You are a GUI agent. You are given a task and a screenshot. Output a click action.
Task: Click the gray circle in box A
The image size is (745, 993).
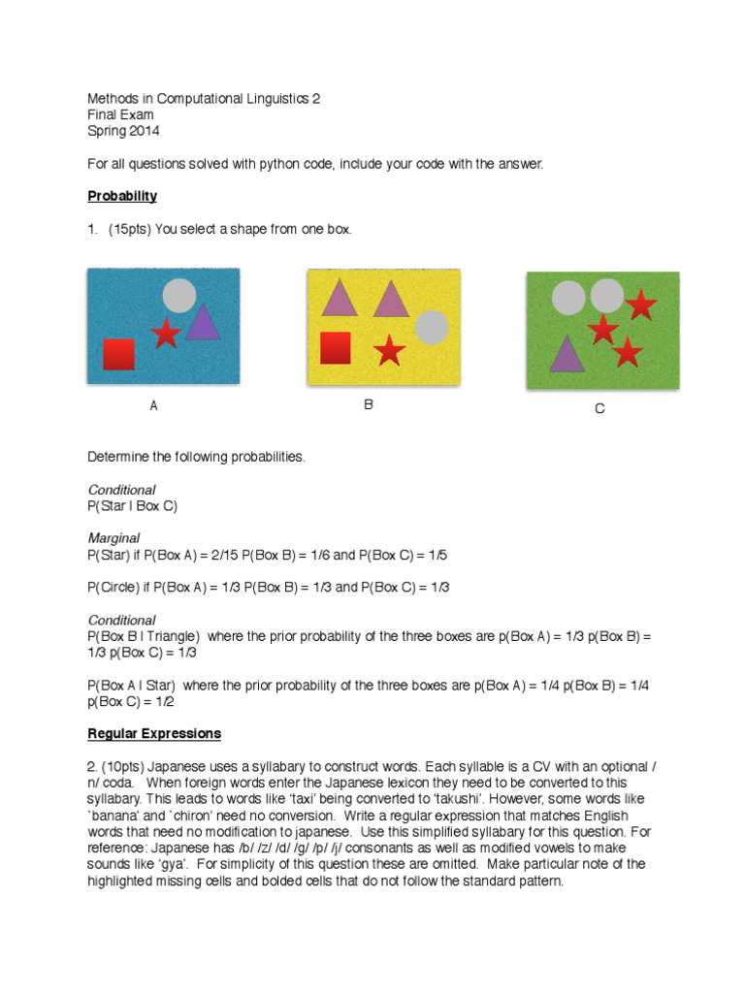(179, 295)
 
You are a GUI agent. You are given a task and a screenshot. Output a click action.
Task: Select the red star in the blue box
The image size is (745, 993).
(166, 334)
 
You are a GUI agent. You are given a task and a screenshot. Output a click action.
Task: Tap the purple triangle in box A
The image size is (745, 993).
(203, 324)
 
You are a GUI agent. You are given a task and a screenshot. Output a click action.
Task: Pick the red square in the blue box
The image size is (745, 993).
(118, 354)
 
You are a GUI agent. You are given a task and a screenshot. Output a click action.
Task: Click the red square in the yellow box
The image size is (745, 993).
(335, 347)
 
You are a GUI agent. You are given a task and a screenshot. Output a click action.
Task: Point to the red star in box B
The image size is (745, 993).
(389, 349)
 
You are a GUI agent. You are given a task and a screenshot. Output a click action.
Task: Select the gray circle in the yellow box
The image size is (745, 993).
(432, 328)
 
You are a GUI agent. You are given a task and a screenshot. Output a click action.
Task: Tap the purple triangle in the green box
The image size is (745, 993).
(567, 356)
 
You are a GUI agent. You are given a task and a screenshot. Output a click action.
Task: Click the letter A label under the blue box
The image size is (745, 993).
(153, 407)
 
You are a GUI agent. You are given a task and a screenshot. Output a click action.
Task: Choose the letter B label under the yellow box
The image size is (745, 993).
(369, 405)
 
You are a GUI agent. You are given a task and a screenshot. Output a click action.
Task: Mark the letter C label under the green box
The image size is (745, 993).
(599, 409)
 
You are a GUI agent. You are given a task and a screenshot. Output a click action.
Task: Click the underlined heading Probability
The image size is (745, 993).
(122, 196)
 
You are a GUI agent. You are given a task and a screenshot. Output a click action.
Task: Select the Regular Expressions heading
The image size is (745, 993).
(154, 733)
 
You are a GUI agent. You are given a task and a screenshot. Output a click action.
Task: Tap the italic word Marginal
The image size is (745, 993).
(113, 538)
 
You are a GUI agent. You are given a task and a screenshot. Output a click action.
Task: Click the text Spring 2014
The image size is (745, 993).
(123, 131)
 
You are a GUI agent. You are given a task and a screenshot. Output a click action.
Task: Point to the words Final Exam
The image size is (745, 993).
(120, 114)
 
